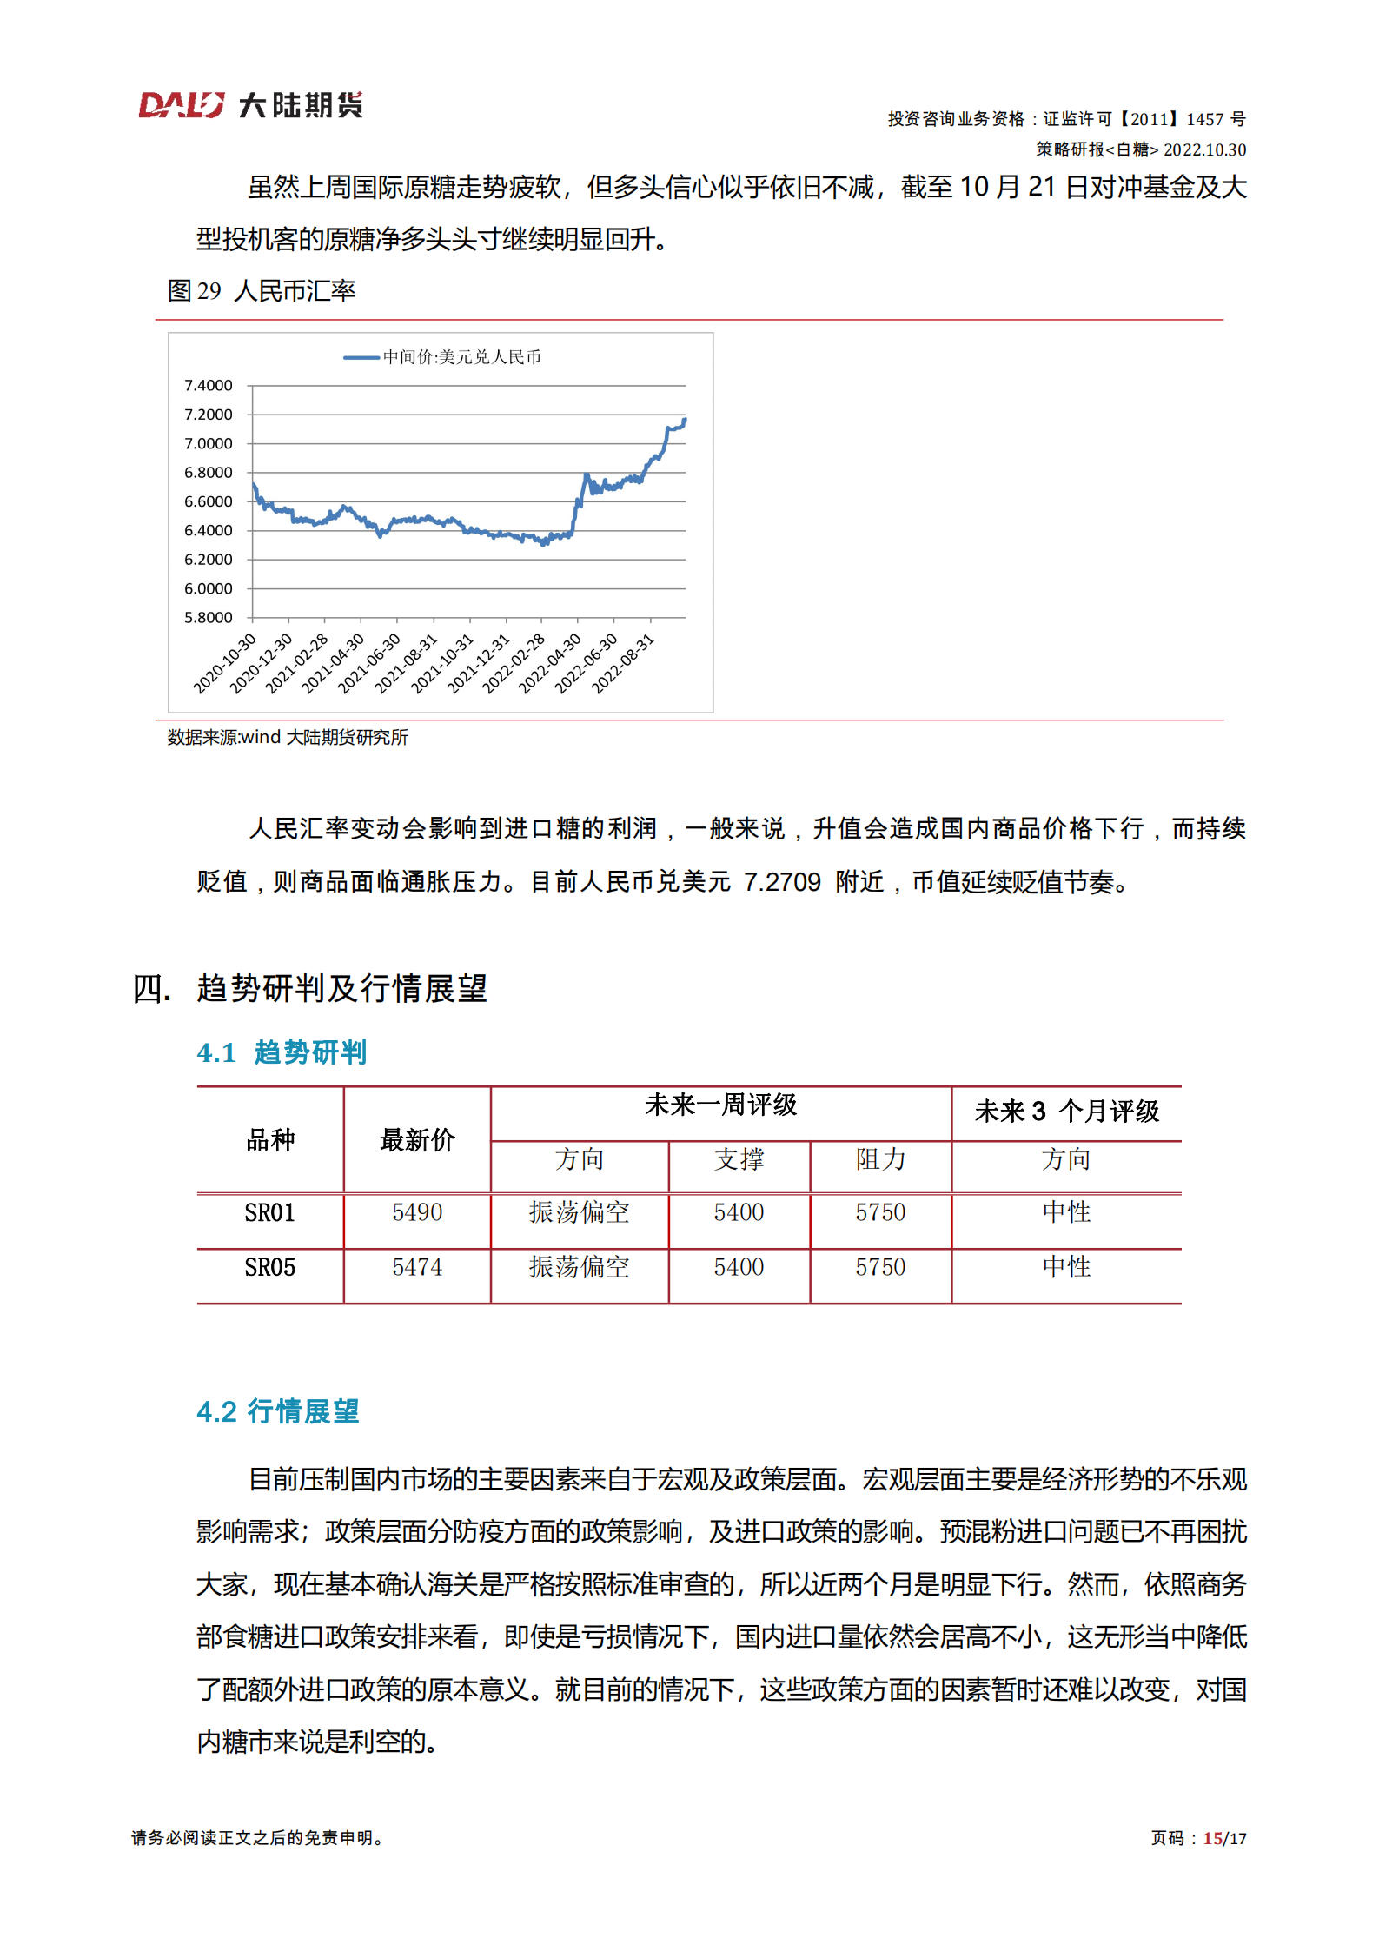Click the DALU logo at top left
point(250,105)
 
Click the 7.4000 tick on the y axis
point(209,385)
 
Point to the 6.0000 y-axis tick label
point(209,588)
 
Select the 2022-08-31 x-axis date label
point(623,663)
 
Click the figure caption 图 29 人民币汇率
point(262,291)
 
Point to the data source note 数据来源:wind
point(288,737)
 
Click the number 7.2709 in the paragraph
point(782,881)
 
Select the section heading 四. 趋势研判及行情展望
point(310,988)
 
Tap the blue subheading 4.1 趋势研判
point(282,1052)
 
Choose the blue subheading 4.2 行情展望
point(277,1410)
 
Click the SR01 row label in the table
point(270,1212)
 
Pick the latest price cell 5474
point(417,1267)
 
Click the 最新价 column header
point(417,1139)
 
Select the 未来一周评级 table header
point(720,1105)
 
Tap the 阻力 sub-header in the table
point(880,1158)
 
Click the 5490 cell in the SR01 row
point(417,1212)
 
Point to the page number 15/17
point(1224,1838)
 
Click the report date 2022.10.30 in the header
point(1204,149)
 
